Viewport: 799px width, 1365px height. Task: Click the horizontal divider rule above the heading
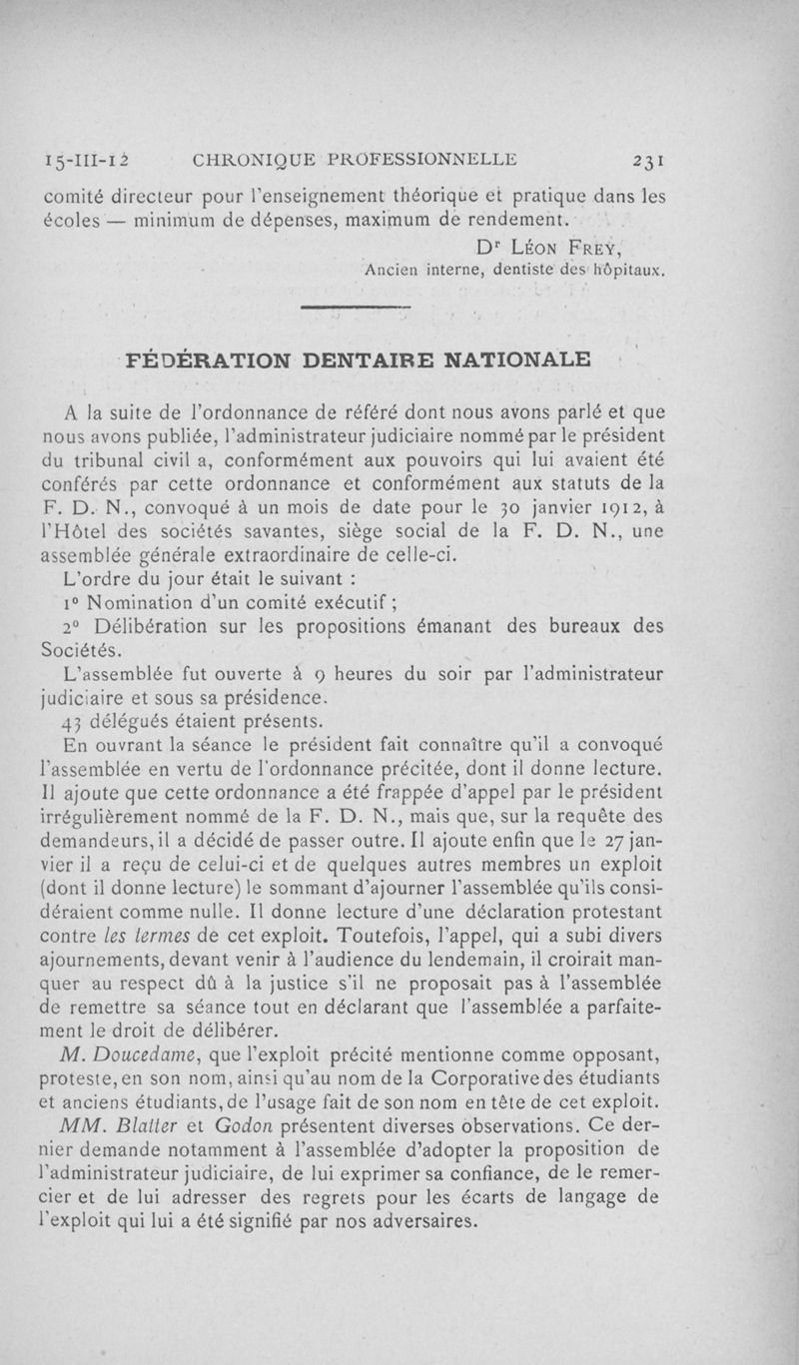355,307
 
